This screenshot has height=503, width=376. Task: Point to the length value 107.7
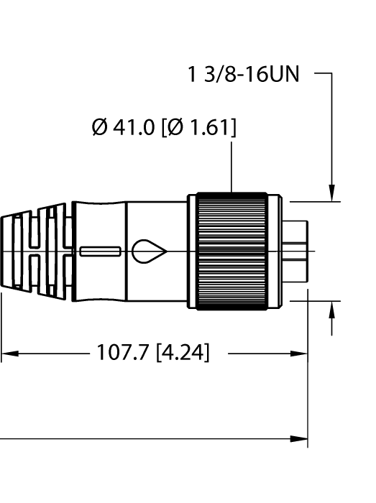coord(122,354)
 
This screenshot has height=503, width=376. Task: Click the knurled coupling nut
coord(231,251)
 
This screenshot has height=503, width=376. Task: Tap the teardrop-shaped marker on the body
coord(149,251)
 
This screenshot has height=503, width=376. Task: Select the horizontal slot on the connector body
coord(100,251)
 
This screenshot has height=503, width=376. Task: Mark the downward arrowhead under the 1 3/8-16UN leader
coord(332,193)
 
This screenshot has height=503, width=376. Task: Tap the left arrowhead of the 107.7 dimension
coord(7,354)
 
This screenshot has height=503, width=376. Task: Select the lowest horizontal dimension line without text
coord(144,438)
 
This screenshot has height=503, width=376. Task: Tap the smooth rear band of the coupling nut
coord(193,251)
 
